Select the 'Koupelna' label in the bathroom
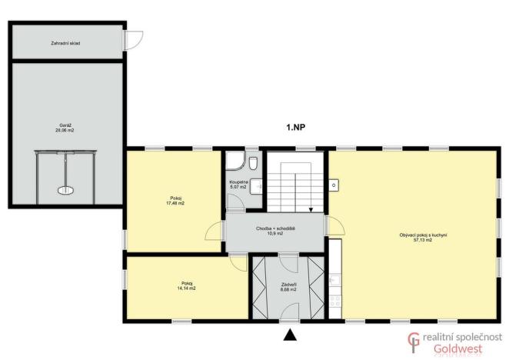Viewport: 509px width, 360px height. point(238,182)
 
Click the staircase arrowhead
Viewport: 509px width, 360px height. point(311,208)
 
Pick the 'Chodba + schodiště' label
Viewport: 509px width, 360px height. point(276,228)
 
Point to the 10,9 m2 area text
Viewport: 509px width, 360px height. point(276,234)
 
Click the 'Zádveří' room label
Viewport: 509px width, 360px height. point(288,285)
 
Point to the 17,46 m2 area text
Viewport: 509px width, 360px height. point(176,204)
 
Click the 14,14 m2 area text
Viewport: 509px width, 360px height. point(187,288)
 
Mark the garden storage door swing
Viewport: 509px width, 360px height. point(135,39)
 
